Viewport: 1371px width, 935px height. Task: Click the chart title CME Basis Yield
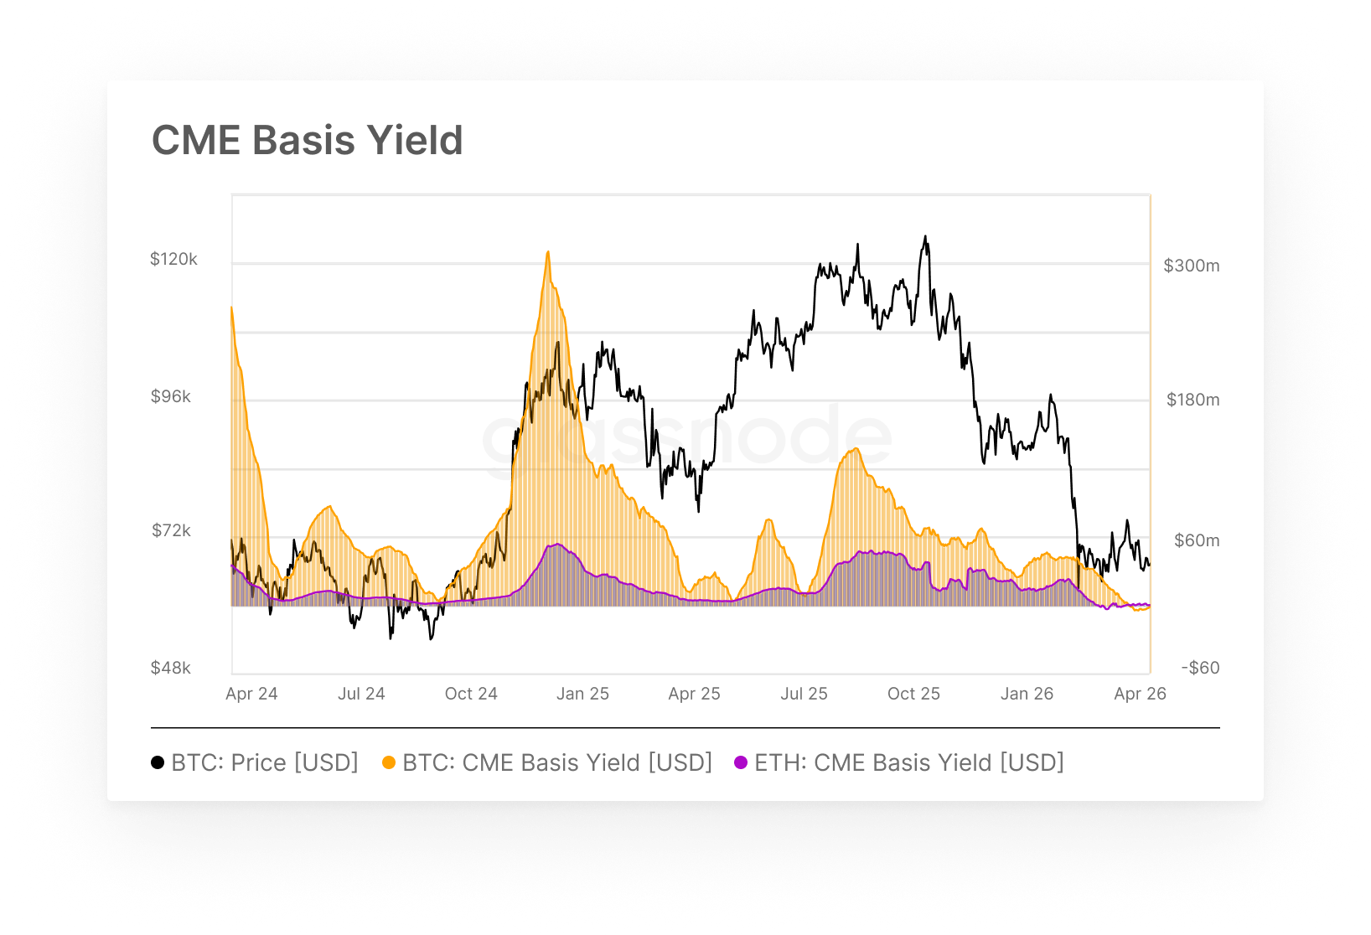[x=307, y=140]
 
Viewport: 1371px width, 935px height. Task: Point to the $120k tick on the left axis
[x=173, y=259]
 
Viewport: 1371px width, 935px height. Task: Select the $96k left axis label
[x=171, y=396]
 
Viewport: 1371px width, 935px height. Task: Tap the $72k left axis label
[x=171, y=530]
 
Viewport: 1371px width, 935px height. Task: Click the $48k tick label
[x=171, y=668]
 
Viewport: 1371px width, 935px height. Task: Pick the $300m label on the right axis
[x=1191, y=266]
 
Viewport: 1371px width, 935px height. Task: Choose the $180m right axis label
[x=1193, y=400]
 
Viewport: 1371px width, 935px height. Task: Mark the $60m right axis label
[x=1196, y=540]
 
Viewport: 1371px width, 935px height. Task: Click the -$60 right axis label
[x=1200, y=668]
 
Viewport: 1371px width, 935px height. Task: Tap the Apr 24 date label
[x=251, y=694]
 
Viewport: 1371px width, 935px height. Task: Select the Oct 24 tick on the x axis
[x=471, y=694]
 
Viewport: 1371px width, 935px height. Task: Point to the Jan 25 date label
[x=582, y=694]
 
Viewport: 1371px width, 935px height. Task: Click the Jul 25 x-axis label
[x=804, y=694]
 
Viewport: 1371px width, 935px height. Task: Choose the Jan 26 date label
[x=1027, y=694]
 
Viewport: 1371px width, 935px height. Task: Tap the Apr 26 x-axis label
[x=1140, y=694]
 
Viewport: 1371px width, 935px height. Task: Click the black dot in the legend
[x=158, y=762]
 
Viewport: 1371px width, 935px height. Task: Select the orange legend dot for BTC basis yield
[x=389, y=762]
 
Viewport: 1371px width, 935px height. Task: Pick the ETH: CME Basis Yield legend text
[x=908, y=762]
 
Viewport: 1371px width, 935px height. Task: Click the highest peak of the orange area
[x=548, y=252]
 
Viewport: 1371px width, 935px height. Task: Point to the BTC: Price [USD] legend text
[x=264, y=762]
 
